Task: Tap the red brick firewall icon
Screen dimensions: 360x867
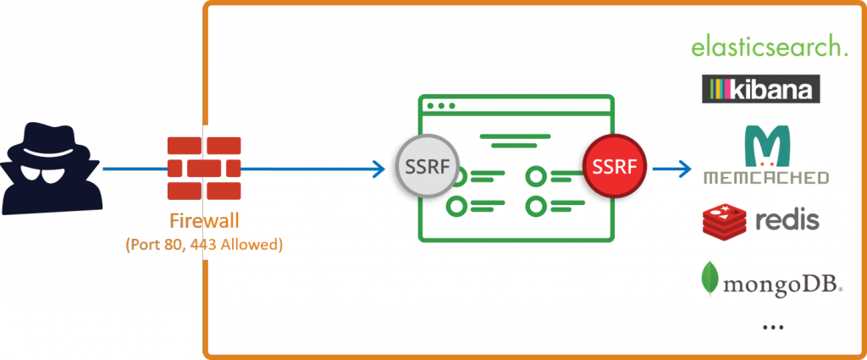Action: point(203,167)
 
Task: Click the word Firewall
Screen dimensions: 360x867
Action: point(203,222)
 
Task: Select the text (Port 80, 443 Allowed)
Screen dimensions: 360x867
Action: point(203,245)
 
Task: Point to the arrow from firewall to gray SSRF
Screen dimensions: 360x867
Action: point(313,168)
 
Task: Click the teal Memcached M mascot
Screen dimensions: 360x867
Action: point(766,145)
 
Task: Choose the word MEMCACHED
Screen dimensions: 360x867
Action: point(766,178)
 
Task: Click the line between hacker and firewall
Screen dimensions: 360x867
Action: point(133,168)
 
